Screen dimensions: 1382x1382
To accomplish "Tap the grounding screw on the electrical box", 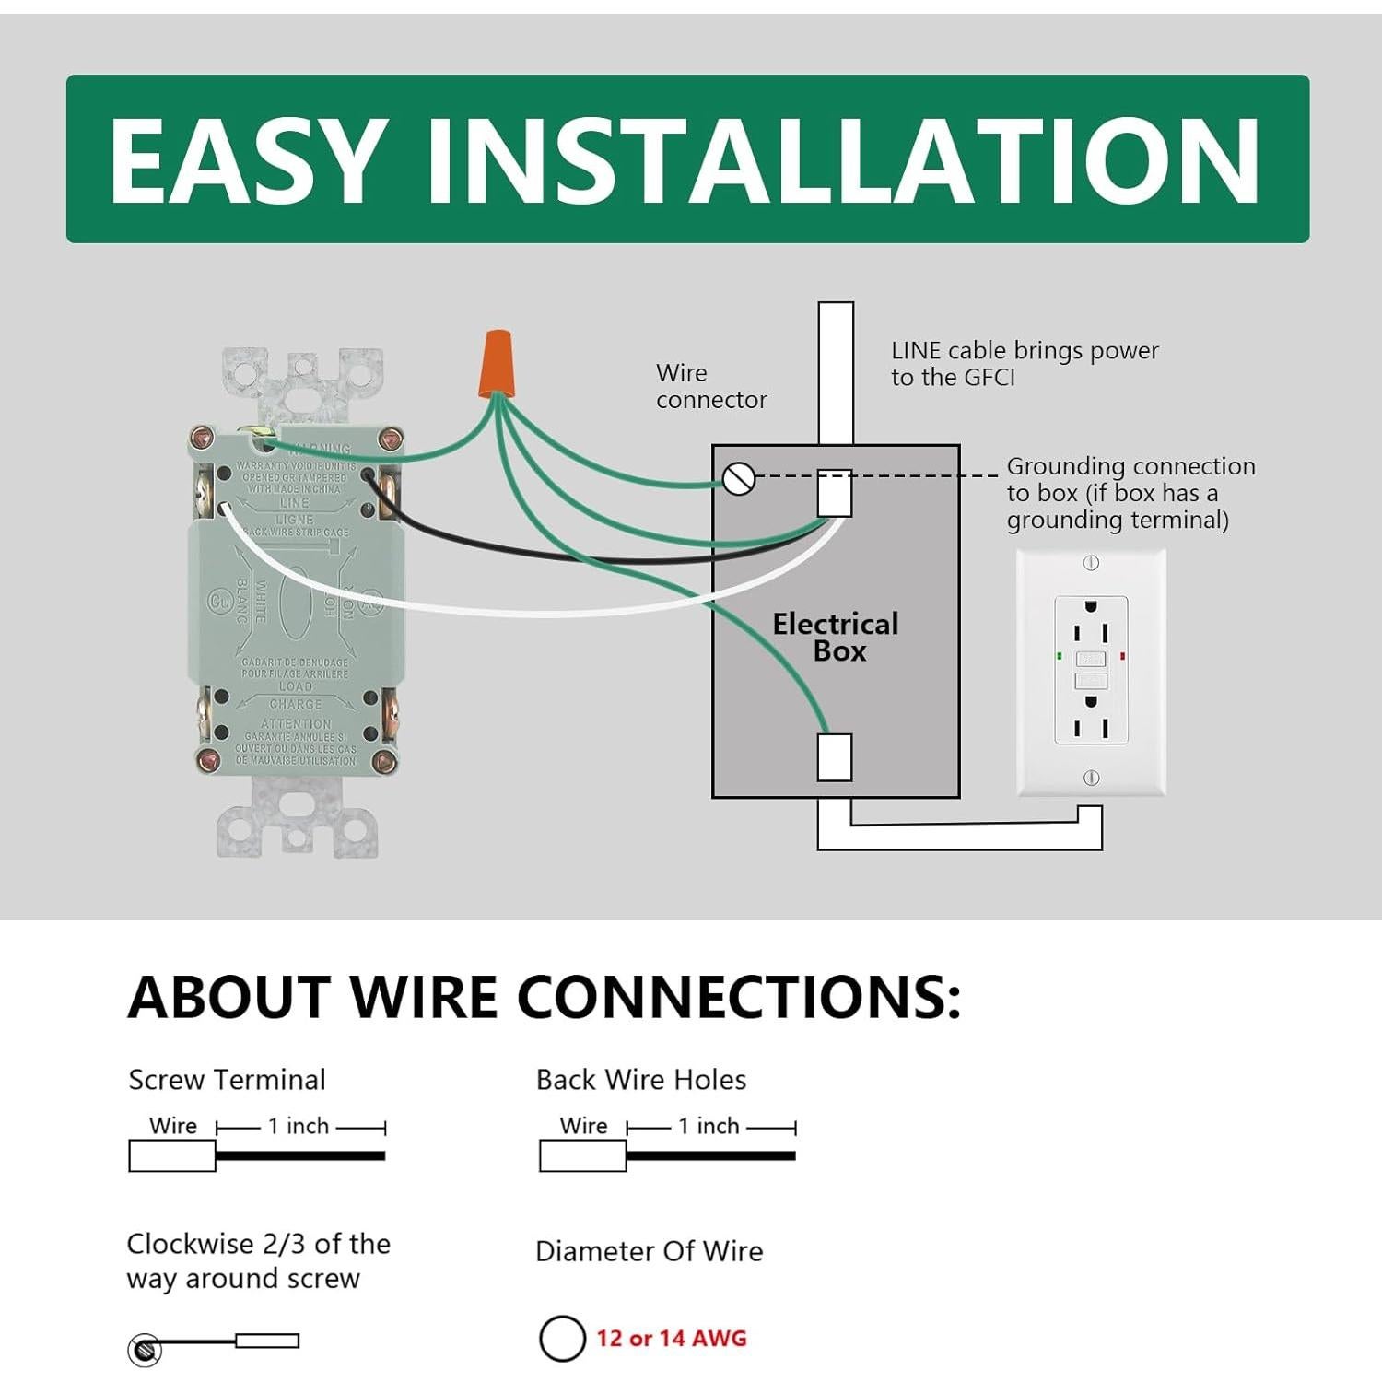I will tap(739, 478).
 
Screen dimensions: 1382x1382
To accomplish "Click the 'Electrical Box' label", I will tap(836, 637).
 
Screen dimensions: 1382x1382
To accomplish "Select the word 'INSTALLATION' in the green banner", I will tap(842, 160).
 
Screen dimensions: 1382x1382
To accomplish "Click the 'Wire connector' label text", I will tap(710, 386).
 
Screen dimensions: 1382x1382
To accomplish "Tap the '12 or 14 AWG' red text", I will tap(671, 1338).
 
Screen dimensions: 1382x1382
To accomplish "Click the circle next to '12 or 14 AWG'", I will tap(562, 1338).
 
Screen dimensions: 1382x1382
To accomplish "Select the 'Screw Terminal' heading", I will tap(227, 1080).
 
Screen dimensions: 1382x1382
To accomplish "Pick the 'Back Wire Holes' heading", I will tap(640, 1080).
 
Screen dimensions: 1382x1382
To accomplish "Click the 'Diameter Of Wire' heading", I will tap(649, 1251).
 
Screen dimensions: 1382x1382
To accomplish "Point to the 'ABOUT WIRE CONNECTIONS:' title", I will tap(544, 997).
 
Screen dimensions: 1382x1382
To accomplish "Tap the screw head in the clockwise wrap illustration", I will tap(144, 1351).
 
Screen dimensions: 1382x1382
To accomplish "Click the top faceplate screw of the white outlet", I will tap(1091, 563).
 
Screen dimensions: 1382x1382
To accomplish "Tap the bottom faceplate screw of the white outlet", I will tap(1091, 778).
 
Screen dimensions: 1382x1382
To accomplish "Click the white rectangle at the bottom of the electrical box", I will tap(835, 756).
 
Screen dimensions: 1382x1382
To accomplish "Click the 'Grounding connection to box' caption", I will tap(1130, 493).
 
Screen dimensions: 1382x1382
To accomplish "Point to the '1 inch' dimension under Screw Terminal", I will tap(299, 1126).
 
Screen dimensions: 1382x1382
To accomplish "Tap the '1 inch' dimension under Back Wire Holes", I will tap(709, 1126).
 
